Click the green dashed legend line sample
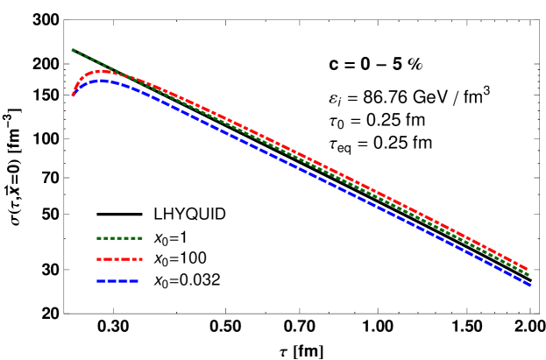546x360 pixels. (x=119, y=238)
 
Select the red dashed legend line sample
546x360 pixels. (x=119, y=259)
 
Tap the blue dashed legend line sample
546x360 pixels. (x=117, y=281)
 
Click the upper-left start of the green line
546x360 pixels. (x=73, y=50)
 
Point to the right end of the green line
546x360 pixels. (x=528, y=274)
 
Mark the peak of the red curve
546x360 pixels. (x=102, y=71)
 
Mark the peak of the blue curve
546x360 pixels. (x=103, y=80)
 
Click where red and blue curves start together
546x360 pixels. (x=73, y=95)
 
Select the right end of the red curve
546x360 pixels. (x=527, y=269)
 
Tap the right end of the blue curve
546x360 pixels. (x=529, y=285)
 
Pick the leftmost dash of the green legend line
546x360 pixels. (x=99, y=238)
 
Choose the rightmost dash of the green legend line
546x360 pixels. (x=139, y=238)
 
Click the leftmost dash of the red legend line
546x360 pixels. (x=99, y=259)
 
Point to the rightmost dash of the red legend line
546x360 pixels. (x=138, y=259)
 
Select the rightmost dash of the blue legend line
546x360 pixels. (x=134, y=281)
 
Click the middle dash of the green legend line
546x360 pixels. (x=119, y=238)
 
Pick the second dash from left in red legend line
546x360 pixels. (x=108, y=259)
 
